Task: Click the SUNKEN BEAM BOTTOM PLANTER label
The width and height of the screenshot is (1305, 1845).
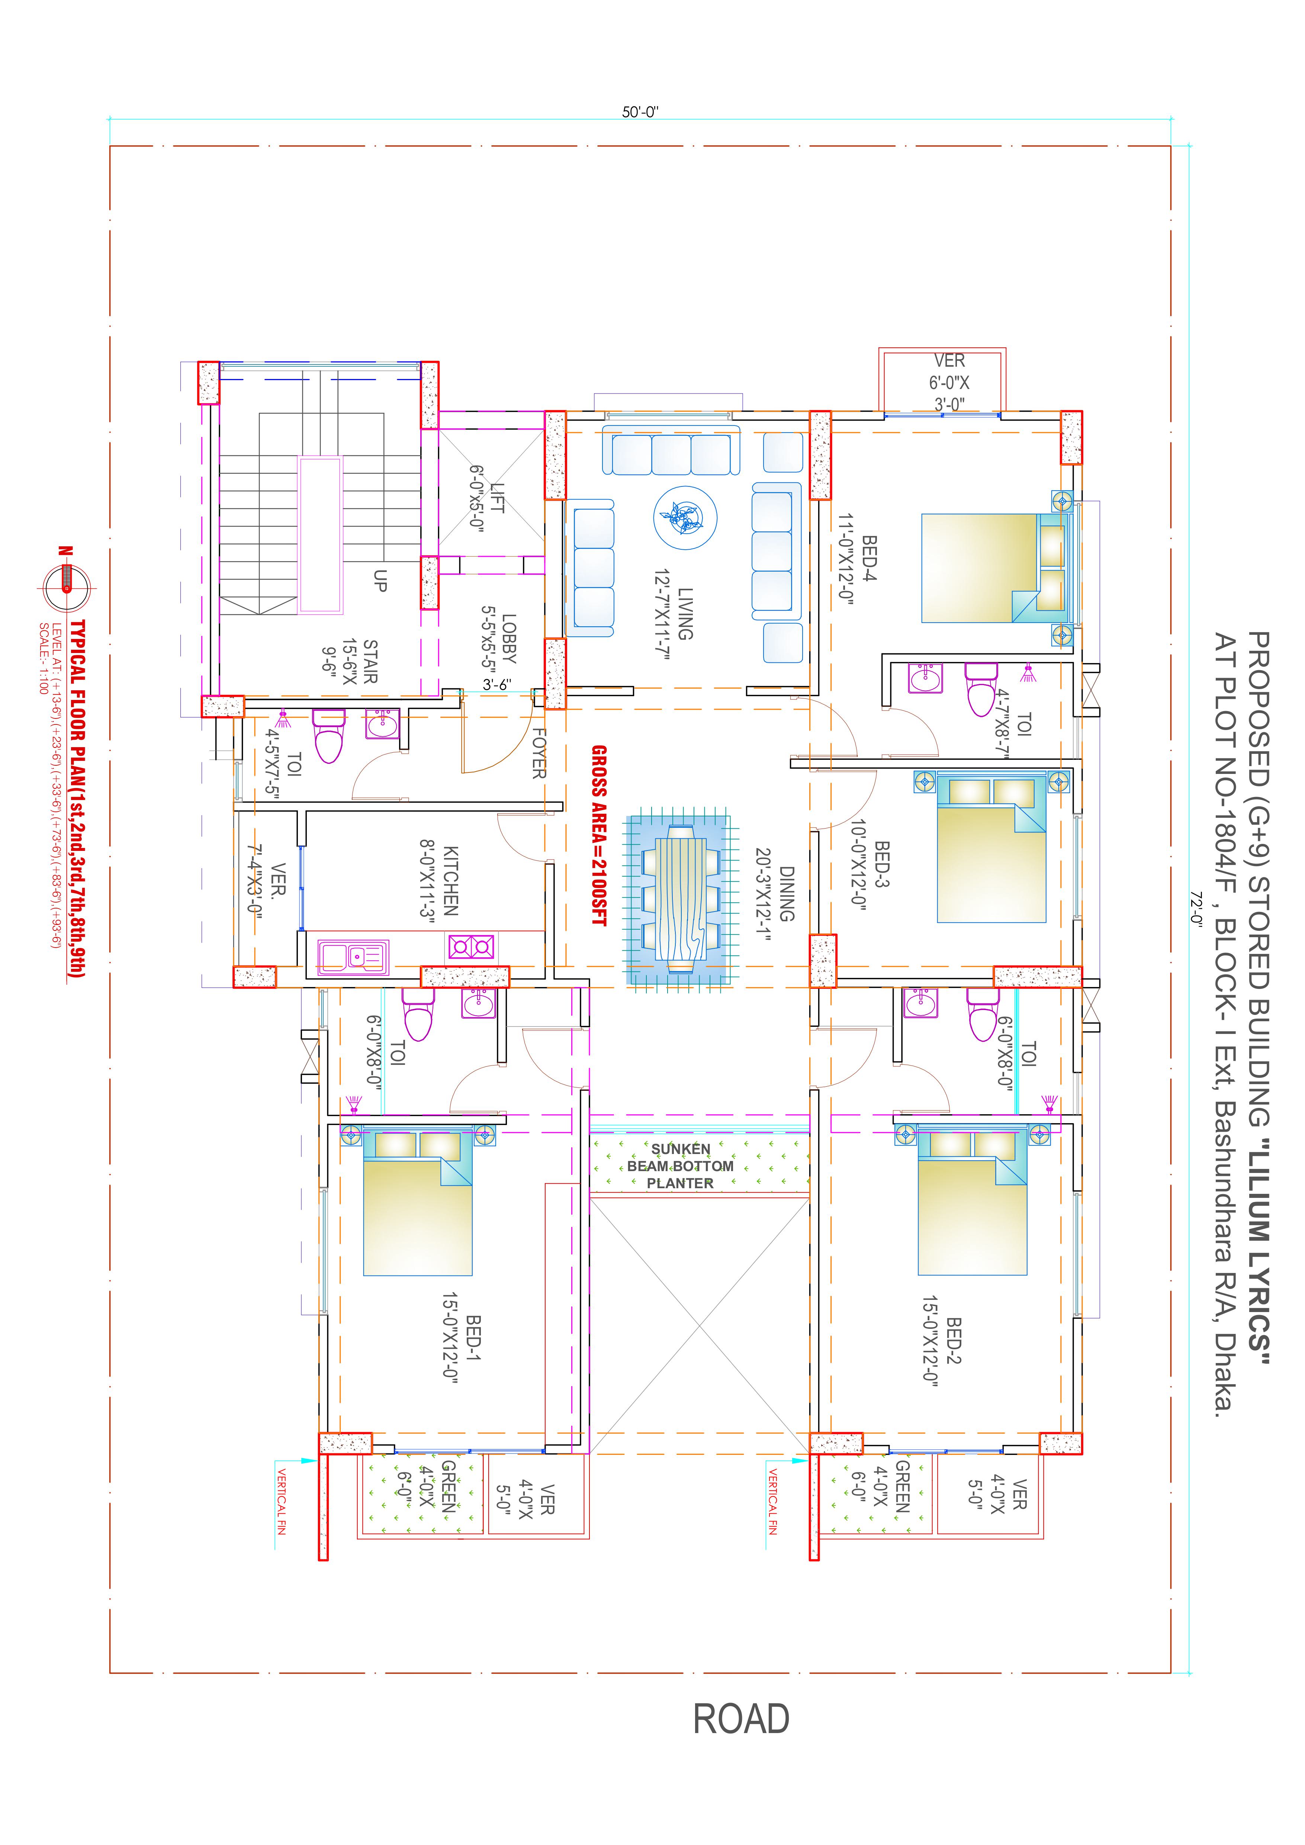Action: coord(681,1166)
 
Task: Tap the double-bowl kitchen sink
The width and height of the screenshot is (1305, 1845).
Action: coord(353,956)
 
